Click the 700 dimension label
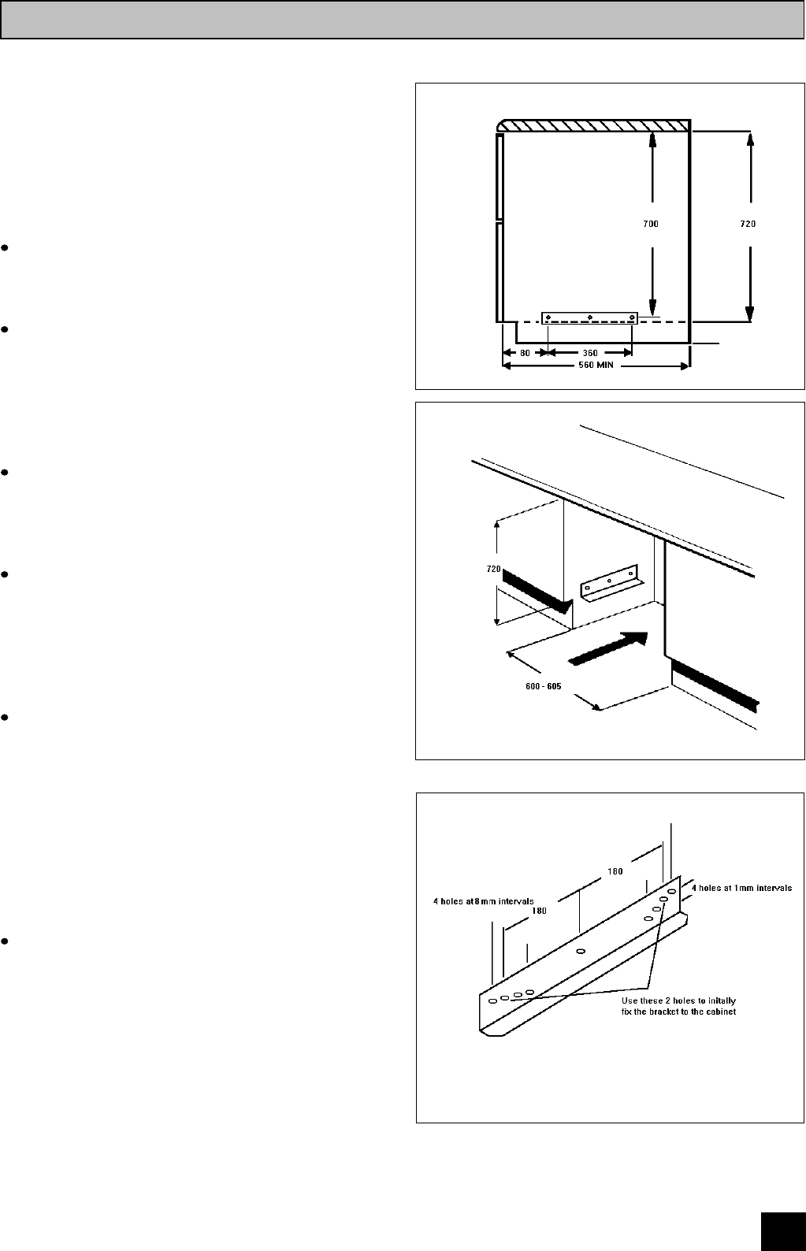coord(650,224)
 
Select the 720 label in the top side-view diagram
coord(747,224)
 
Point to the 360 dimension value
coord(589,353)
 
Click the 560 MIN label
coord(596,366)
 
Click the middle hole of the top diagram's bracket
coord(590,317)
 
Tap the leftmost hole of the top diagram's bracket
coord(549,317)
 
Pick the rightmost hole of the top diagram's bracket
coord(632,317)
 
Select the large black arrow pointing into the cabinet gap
coord(607,648)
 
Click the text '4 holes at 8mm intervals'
coord(484,901)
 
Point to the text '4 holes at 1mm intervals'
coord(741,887)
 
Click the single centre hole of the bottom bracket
coord(581,952)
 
